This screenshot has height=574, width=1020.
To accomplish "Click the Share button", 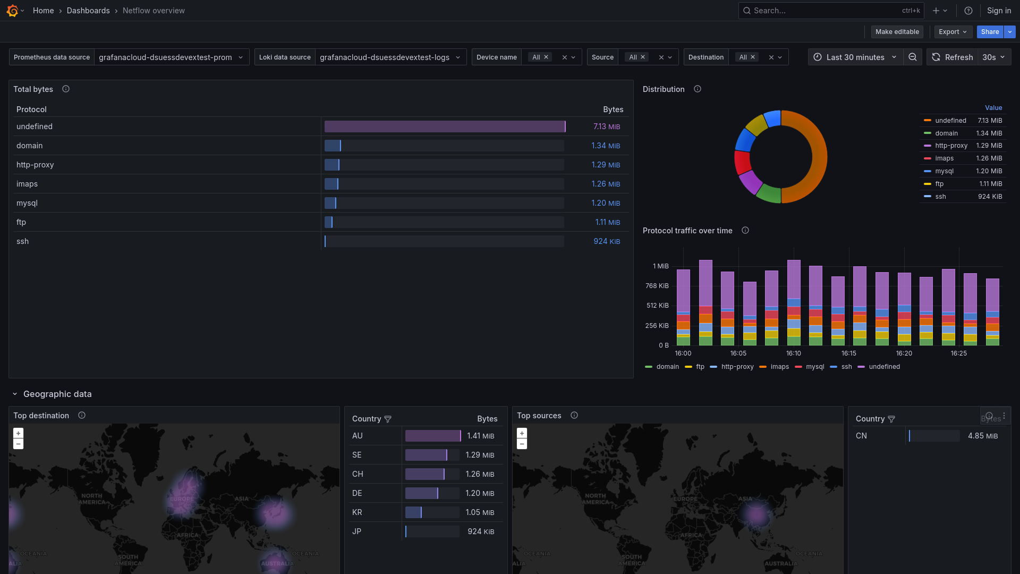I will click(990, 32).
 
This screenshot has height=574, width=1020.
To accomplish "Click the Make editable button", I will click(897, 32).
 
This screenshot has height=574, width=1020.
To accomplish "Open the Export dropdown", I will click(953, 32).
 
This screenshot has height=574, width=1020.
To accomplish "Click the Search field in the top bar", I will click(823, 11).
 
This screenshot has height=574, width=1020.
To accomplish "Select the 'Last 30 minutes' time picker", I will click(855, 57).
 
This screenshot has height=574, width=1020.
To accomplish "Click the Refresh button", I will click(953, 57).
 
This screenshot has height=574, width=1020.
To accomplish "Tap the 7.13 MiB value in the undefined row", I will click(606, 126).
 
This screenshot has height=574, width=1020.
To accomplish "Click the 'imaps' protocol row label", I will click(27, 184).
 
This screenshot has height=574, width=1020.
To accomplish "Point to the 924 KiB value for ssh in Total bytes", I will click(606, 241).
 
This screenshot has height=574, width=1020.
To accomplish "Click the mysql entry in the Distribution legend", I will click(944, 171).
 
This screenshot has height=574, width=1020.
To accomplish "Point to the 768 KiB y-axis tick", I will click(657, 286).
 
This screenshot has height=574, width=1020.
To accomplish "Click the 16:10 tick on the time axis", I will click(793, 353).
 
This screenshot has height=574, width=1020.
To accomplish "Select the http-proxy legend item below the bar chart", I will click(737, 367).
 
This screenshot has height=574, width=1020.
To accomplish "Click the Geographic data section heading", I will click(57, 394).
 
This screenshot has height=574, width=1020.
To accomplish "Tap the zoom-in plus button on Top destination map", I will click(18, 433).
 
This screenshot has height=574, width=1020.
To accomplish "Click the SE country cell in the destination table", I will click(356, 455).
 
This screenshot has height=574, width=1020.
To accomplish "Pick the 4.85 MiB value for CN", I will click(982, 436).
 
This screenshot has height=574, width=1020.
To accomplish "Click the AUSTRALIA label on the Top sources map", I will click(780, 563).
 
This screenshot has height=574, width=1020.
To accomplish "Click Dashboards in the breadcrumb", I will click(88, 11).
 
